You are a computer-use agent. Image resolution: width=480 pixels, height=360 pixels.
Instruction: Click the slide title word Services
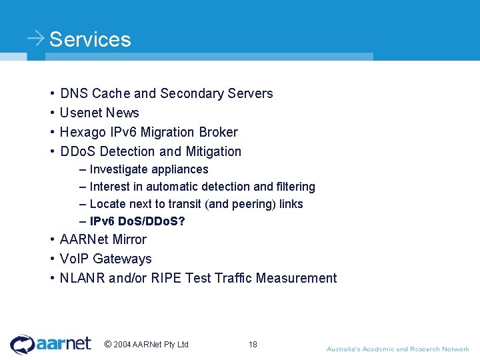[x=90, y=39]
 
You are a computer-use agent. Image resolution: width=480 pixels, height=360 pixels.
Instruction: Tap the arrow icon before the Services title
[x=36, y=38]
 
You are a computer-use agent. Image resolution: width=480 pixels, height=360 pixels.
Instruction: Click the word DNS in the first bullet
[x=74, y=93]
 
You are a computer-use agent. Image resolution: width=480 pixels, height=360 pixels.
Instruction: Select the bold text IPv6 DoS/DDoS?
[x=137, y=221]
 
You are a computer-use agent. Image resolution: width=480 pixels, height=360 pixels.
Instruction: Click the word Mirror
[x=129, y=239]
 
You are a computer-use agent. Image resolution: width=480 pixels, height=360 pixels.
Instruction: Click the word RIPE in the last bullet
[x=165, y=278]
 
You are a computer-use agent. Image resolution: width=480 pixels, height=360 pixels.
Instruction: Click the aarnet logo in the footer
[x=51, y=344]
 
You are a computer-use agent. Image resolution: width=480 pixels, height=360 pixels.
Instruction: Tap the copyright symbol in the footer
[x=107, y=344]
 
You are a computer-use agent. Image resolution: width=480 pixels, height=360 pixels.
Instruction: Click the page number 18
[x=253, y=344]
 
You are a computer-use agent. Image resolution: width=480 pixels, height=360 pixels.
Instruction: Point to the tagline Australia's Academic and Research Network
[x=397, y=349]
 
